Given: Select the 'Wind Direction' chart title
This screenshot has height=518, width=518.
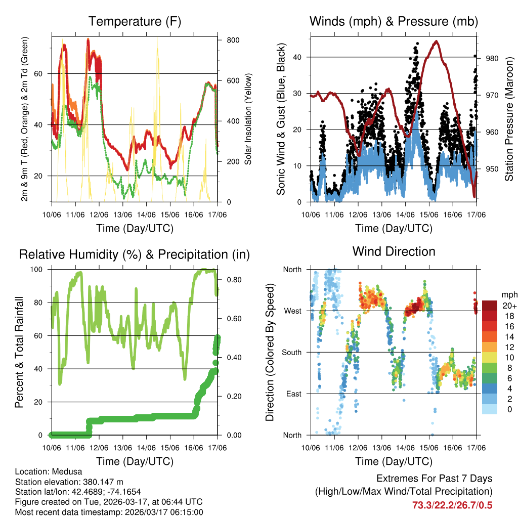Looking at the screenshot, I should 394,251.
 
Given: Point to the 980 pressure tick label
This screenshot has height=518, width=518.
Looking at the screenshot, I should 492,58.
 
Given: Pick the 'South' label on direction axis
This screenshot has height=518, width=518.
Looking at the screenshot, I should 291,352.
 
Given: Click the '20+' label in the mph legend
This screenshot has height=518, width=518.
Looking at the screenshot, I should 509,306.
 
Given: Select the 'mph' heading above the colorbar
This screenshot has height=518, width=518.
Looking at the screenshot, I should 509,294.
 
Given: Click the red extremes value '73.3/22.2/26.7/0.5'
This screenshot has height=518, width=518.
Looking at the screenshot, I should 452,505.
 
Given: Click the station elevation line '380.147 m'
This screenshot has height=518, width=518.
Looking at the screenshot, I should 69,482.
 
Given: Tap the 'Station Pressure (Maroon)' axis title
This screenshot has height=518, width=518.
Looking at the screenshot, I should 509,119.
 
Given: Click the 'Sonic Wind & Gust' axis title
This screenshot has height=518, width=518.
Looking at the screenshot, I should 281,119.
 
